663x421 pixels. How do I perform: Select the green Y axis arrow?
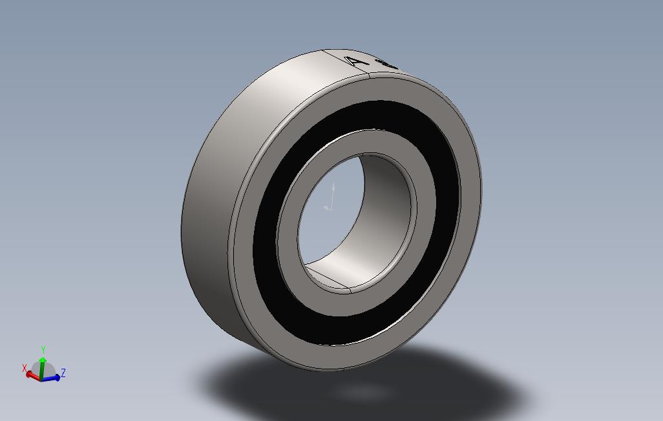[43, 360]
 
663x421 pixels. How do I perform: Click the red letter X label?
[25, 368]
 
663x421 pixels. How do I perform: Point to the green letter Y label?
[43, 349]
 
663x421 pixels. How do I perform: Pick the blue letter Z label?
[63, 373]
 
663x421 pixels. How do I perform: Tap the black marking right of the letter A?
[388, 65]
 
